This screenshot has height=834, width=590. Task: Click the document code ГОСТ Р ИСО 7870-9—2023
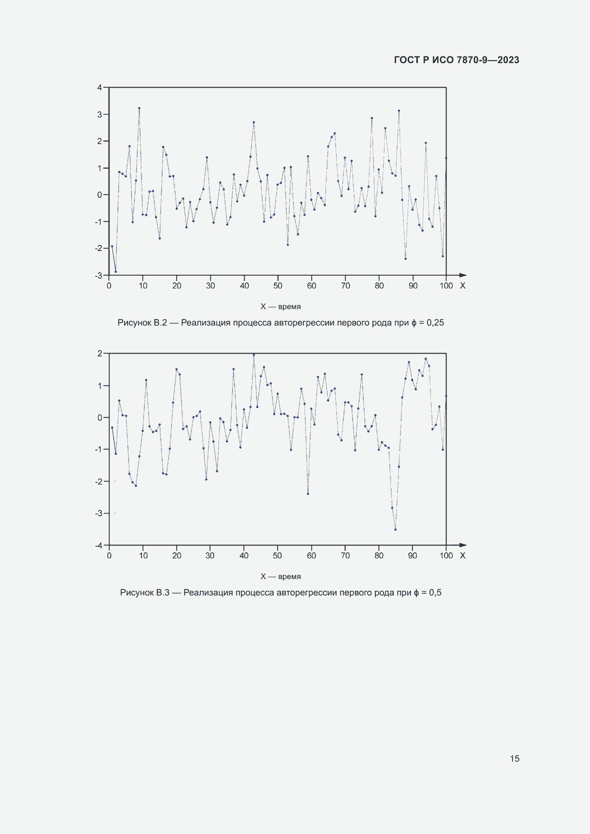pyautogui.click(x=456, y=60)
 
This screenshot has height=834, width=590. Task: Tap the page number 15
pyautogui.click(x=514, y=758)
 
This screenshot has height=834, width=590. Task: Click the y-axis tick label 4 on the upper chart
pyautogui.click(x=100, y=88)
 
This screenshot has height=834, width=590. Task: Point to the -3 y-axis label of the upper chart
pyautogui.click(x=98, y=276)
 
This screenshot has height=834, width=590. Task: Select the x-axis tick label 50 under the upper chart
pyautogui.click(x=278, y=286)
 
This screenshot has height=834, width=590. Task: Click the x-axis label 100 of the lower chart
pyautogui.click(x=446, y=556)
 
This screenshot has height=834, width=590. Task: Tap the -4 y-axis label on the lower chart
pyautogui.click(x=98, y=545)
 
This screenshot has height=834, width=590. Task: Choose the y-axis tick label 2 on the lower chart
pyautogui.click(x=100, y=353)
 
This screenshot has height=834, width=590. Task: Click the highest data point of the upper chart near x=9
pyautogui.click(x=139, y=108)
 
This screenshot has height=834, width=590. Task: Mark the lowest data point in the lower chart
pyautogui.click(x=395, y=529)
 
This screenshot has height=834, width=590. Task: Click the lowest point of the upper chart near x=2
pyautogui.click(x=116, y=272)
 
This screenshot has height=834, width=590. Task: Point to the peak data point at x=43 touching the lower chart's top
pyautogui.click(x=254, y=354)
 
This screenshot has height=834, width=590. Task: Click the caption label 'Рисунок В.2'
pyautogui.click(x=142, y=323)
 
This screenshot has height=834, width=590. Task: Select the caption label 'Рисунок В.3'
pyautogui.click(x=144, y=593)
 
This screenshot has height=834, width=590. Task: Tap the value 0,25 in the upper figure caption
pyautogui.click(x=435, y=323)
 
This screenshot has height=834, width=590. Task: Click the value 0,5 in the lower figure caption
pyautogui.click(x=435, y=593)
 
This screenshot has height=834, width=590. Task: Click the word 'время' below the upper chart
pyautogui.click(x=289, y=307)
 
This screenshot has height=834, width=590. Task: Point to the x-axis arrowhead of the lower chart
pyautogui.click(x=463, y=545)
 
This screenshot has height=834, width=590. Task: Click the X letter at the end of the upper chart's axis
pyautogui.click(x=463, y=286)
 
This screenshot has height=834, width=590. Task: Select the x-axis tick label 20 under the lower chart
pyautogui.click(x=177, y=556)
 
